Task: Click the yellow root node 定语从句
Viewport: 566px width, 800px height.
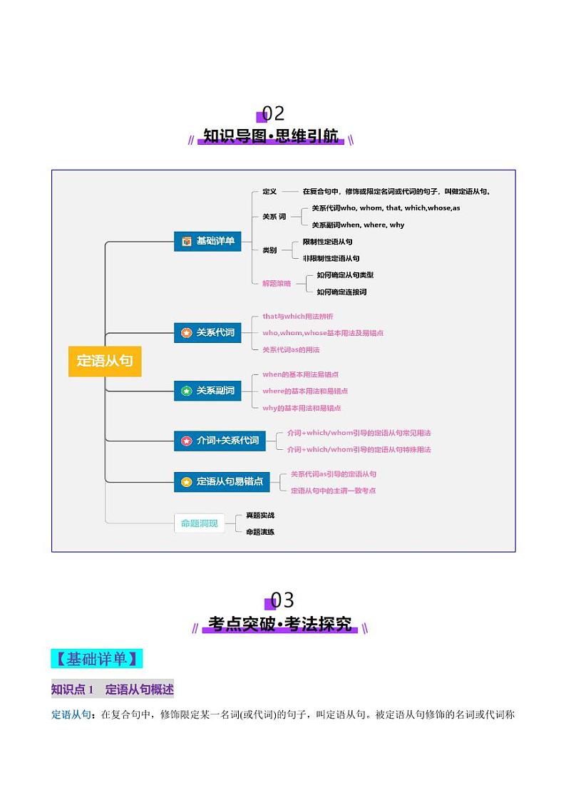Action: pos(105,361)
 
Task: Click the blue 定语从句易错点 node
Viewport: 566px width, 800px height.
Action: pos(222,481)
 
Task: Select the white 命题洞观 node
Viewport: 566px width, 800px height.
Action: pos(200,524)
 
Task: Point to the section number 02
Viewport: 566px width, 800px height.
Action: pos(273,113)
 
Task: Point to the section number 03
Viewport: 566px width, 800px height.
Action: pos(282,600)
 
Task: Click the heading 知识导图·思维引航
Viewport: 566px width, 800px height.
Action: pos(271,136)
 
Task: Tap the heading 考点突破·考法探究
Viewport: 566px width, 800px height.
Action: pos(280,625)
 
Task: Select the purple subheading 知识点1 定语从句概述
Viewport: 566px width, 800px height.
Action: pos(113,689)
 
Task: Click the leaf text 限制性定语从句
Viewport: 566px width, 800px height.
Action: pos(327,242)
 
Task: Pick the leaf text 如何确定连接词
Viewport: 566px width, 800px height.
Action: pos(341,292)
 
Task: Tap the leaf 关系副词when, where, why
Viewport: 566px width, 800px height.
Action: pos(358,225)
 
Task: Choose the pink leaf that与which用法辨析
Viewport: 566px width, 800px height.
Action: pos(297,316)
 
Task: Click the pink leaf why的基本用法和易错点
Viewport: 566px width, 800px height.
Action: pos(302,408)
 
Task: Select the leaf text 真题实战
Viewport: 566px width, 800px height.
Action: pos(260,515)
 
